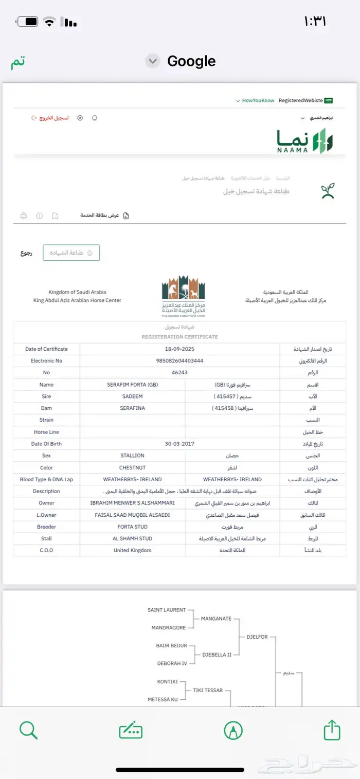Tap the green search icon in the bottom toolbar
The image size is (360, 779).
[28, 730]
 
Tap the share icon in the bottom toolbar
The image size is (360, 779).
[332, 730]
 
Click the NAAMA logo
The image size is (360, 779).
[305, 140]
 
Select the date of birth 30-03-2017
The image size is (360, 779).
[179, 444]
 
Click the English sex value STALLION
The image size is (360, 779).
[132, 456]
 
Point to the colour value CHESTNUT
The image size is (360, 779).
[132, 467]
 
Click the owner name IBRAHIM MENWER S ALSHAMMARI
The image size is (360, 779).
[132, 503]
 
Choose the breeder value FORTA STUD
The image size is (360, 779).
[132, 527]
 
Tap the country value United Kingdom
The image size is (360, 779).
[132, 550]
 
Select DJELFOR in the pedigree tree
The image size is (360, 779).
[257, 637]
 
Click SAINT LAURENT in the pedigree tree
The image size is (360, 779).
[166, 610]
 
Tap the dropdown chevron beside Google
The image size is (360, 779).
[152, 61]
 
